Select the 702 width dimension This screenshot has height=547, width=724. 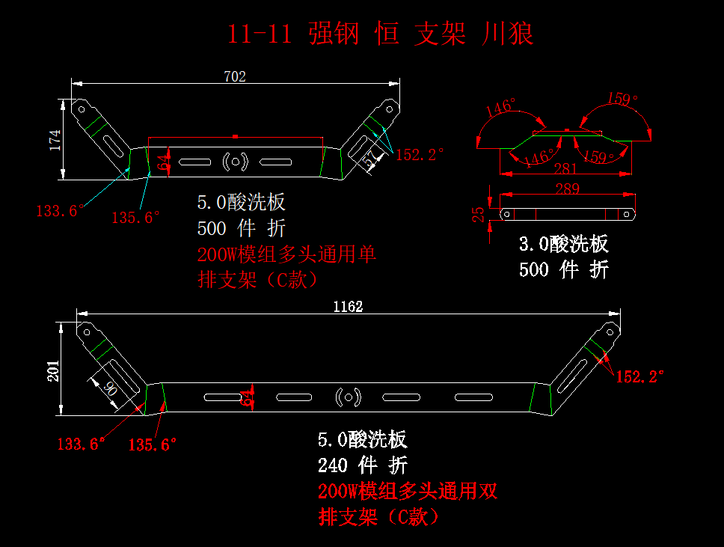(x=235, y=76)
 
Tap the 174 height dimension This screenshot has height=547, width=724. (x=55, y=140)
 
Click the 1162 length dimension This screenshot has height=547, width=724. (x=348, y=307)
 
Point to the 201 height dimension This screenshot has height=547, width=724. (x=54, y=369)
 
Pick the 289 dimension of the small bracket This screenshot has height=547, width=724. (x=567, y=189)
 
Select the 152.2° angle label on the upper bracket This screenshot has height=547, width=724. (x=420, y=155)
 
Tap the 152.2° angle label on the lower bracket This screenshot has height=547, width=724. (x=639, y=376)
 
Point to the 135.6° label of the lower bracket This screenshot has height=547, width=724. (x=153, y=444)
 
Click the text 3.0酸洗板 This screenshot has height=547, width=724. (x=564, y=244)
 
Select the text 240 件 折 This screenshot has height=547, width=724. (x=363, y=465)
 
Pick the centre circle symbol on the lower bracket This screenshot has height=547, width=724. (x=348, y=397)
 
